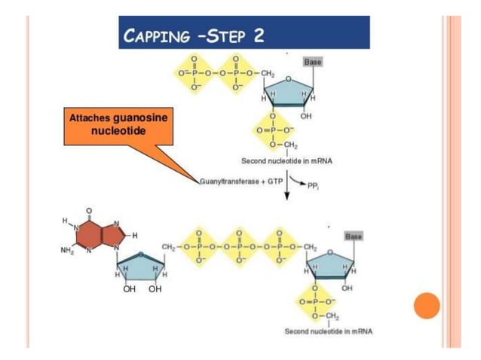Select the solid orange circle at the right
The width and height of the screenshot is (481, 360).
coord(427,305)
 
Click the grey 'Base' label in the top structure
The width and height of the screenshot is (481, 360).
coord(311,61)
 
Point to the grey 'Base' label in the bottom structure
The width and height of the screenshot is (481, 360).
coord(353,236)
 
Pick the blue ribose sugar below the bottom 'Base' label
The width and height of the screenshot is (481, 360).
coord(329,264)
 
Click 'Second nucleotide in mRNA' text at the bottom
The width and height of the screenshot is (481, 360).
coord(328,331)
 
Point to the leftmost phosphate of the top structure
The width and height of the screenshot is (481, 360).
coord(194,73)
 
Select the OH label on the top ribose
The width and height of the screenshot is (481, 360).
coord(305,117)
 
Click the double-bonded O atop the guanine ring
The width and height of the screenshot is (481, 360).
coord(88,209)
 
